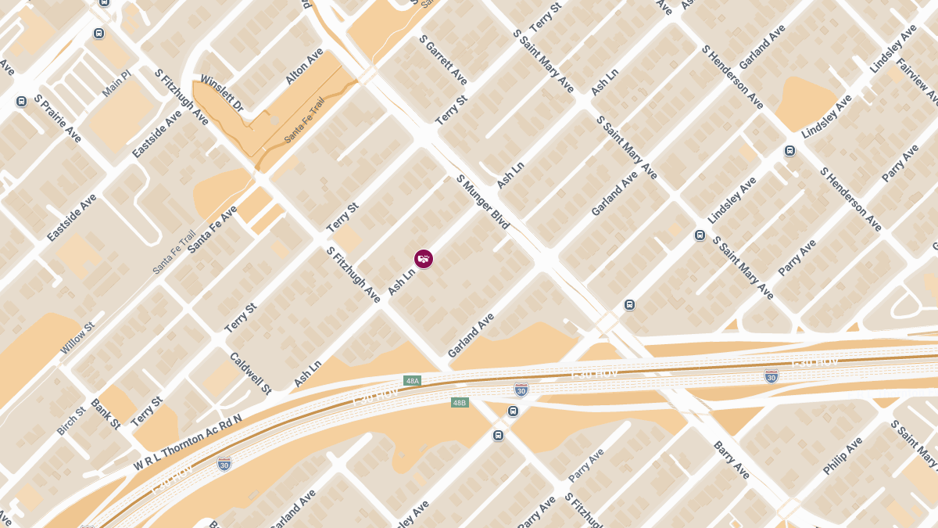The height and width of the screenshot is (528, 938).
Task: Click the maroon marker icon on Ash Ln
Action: pyautogui.click(x=423, y=259)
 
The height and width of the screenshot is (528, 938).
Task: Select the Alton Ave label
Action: pyautogui.click(x=304, y=67)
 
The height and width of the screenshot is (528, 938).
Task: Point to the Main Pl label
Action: pyautogui.click(x=116, y=84)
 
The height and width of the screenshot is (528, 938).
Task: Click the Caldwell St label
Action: pyautogui.click(x=250, y=372)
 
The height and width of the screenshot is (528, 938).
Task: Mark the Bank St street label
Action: pyautogui.click(x=106, y=414)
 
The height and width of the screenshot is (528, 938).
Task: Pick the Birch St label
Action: pyautogui.click(x=71, y=421)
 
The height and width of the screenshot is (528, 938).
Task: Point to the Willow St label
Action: pyautogui.click(x=77, y=339)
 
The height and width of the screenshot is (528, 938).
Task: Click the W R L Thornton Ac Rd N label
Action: pyautogui.click(x=188, y=443)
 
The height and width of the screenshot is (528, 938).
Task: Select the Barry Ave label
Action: pyautogui.click(x=732, y=460)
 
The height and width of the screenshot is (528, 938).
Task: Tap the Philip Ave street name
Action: pyautogui.click(x=842, y=456)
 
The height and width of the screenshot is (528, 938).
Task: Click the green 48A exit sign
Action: pyautogui.click(x=412, y=381)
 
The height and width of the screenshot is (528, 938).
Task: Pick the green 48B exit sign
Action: pyautogui.click(x=460, y=403)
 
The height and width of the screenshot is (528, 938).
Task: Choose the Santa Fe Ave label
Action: pyautogui.click(x=212, y=229)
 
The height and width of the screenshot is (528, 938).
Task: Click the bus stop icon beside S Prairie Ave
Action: pyautogui.click(x=21, y=101)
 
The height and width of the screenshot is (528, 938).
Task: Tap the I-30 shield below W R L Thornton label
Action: pyautogui.click(x=224, y=464)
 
